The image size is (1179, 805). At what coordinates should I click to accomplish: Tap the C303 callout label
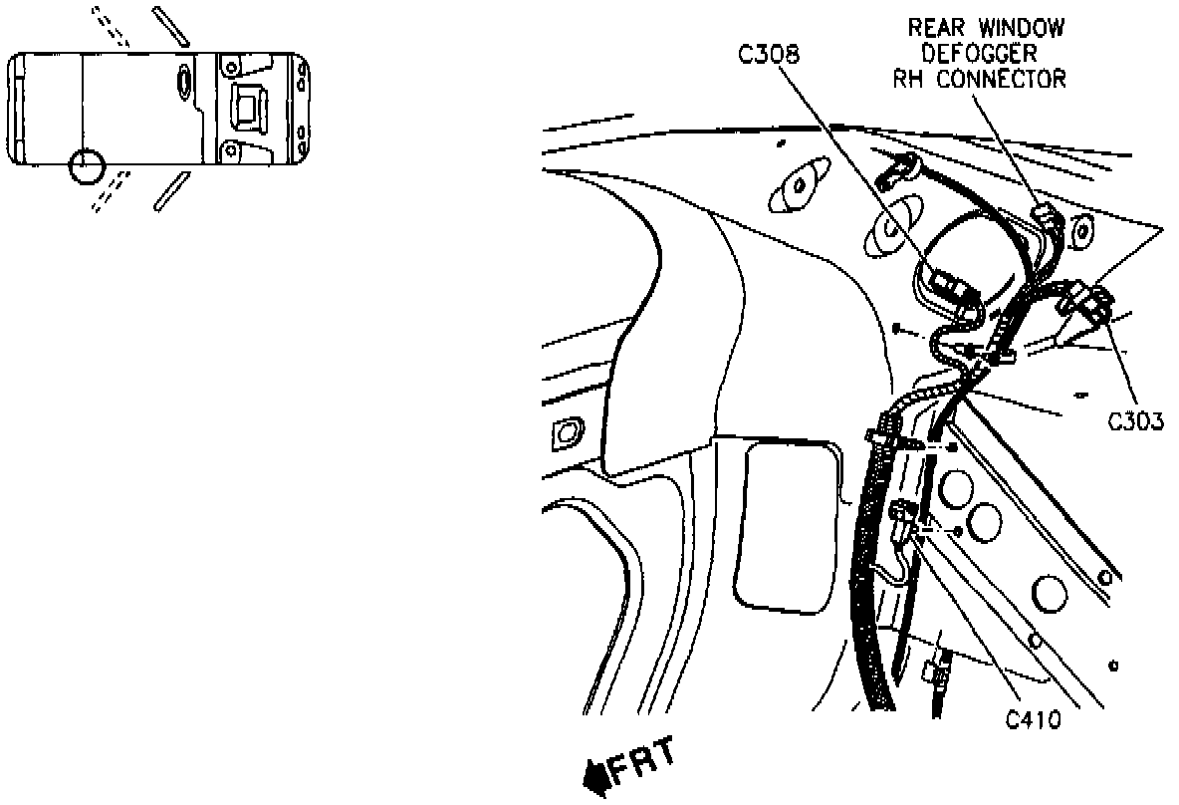tap(1136, 421)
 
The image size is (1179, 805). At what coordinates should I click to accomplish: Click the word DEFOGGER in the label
tap(978, 53)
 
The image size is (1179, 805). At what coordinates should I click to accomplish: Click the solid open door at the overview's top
tap(171, 26)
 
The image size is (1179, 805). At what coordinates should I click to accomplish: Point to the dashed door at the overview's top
tap(110, 27)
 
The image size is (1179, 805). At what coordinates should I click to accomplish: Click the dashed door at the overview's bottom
tap(110, 191)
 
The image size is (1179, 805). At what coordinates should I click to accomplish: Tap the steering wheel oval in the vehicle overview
tap(185, 80)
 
